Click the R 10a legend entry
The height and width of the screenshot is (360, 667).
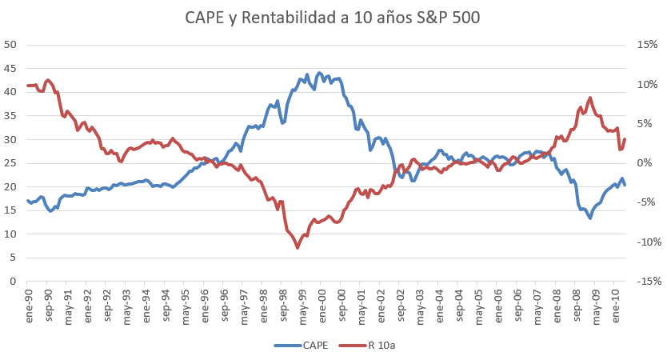pos(379,346)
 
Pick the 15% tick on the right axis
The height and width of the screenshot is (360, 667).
pos(649,44)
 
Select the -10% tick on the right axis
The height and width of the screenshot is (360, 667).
pos(647,242)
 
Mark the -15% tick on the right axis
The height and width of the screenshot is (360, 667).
pos(647,282)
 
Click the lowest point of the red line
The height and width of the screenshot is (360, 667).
pos(298,247)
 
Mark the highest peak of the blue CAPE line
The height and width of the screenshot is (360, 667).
pos(320,73)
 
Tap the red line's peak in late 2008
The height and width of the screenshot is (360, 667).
pos(590,98)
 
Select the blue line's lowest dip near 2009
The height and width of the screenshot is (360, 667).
pos(590,218)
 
